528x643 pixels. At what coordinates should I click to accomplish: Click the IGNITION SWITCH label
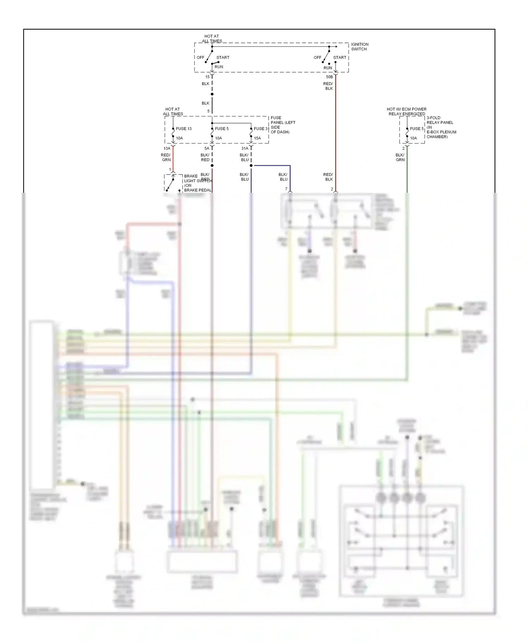359,46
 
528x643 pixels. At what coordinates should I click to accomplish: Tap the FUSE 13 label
184,129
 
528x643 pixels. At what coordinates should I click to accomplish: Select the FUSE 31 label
261,129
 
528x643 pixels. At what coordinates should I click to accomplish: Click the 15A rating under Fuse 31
257,138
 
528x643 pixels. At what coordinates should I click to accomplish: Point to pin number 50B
329,77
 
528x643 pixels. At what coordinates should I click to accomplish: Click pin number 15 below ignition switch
207,77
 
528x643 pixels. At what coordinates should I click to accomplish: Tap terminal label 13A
167,148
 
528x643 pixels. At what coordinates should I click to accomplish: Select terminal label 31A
245,148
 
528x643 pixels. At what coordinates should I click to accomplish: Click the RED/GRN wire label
166,157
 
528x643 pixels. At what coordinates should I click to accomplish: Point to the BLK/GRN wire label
400,157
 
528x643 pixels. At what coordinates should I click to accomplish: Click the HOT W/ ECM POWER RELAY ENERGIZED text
407,112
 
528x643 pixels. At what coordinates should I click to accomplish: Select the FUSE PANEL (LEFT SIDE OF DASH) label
283,125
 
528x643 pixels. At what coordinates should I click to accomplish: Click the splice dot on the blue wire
251,165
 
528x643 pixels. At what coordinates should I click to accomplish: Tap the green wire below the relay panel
407,176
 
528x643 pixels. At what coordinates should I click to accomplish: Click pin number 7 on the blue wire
286,189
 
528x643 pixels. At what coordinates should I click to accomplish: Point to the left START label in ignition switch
223,57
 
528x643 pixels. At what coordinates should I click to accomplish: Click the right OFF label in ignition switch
317,57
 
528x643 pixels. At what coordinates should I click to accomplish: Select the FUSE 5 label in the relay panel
417,129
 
